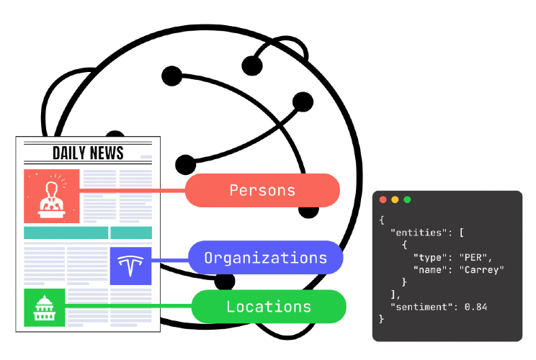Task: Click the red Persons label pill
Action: pyautogui.click(x=262, y=190)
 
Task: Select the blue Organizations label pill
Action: pyautogui.click(x=266, y=258)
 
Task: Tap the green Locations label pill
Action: pyautogui.click(x=269, y=307)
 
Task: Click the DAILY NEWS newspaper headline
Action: pyautogui.click(x=88, y=153)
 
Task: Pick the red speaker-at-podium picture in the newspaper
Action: pyautogui.click(x=52, y=196)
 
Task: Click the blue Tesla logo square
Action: pyautogui.click(x=130, y=266)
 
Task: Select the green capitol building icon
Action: pyautogui.click(x=45, y=307)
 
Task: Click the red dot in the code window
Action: pyautogui.click(x=383, y=199)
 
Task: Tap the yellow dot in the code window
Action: pyautogui.click(x=395, y=199)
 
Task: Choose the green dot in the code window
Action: pyautogui.click(x=407, y=199)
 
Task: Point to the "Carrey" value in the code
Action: pyautogui.click(x=482, y=270)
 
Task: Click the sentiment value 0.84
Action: pyautogui.click(x=475, y=307)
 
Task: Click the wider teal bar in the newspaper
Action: pyautogui.click(x=66, y=233)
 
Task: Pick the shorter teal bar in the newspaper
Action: pyautogui.click(x=131, y=233)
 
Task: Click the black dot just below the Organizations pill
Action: pyautogui.click(x=225, y=281)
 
